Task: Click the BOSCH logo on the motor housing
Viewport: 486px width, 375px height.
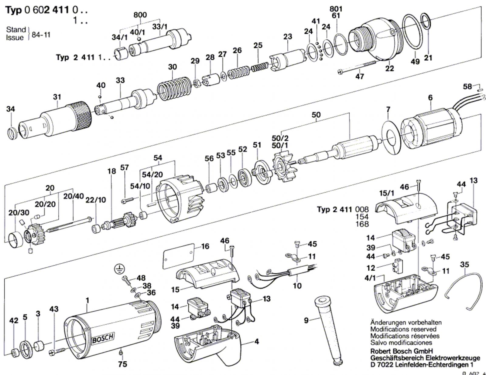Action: [103, 338]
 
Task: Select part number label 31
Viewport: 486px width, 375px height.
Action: [57, 97]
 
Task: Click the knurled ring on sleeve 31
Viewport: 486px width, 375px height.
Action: [82, 116]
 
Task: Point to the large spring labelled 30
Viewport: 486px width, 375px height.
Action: [174, 88]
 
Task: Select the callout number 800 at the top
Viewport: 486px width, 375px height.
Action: [140, 15]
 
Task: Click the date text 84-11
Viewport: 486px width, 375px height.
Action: [41, 35]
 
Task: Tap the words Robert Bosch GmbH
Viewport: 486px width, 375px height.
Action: [402, 351]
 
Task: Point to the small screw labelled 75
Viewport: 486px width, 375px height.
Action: [121, 353]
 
